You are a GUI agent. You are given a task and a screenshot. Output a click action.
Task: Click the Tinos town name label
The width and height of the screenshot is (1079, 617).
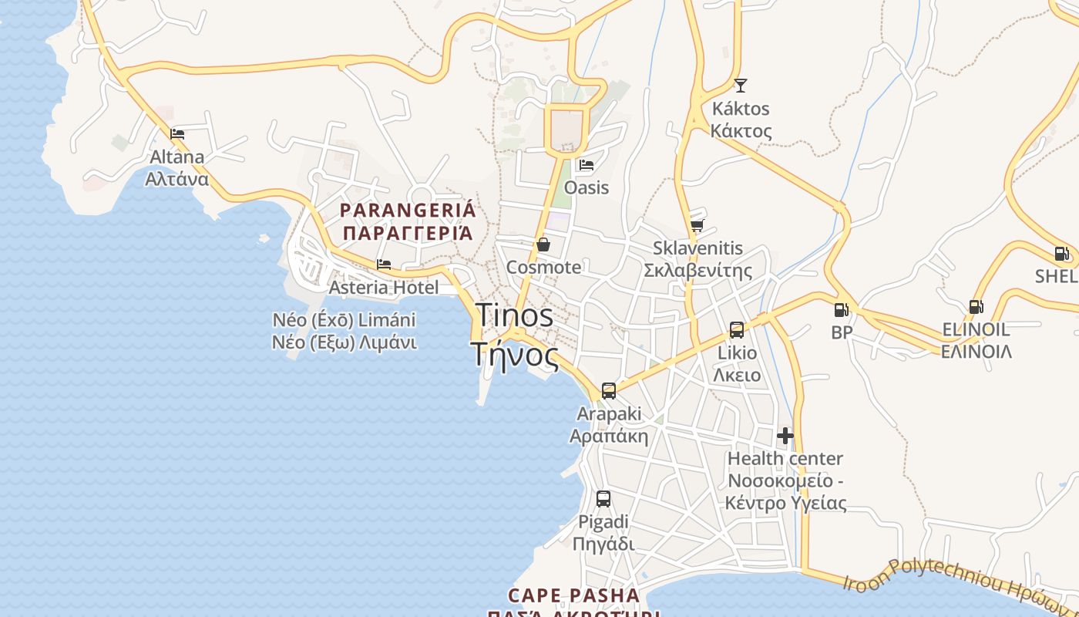514,335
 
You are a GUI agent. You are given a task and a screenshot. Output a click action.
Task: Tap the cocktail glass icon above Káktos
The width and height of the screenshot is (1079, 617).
741,85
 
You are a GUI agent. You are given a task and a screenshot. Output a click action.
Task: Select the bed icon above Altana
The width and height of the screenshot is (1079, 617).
177,133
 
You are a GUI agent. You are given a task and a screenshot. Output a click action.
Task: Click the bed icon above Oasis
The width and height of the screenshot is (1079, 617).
587,164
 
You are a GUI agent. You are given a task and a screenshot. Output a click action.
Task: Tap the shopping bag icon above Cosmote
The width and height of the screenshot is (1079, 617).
543,244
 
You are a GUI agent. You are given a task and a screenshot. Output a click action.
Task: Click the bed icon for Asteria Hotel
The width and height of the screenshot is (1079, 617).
384,265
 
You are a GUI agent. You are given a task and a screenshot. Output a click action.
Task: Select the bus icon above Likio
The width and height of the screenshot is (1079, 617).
737,330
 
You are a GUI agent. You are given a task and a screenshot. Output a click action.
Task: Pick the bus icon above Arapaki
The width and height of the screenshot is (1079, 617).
609,390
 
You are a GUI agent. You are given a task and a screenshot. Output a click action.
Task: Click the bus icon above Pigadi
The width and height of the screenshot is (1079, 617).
603,499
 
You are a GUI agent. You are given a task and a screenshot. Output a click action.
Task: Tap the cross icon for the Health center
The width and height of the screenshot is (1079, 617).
785,436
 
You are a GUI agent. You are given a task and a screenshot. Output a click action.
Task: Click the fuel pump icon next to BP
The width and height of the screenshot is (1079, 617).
842,310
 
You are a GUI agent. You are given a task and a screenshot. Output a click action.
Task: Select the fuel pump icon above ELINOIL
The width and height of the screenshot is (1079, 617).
976,307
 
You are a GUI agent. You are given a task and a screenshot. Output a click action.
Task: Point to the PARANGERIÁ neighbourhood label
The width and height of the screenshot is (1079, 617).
408,221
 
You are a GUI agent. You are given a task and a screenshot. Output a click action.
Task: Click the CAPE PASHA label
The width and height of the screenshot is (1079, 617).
574,596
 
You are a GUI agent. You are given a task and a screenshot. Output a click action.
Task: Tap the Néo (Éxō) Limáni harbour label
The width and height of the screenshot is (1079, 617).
345,331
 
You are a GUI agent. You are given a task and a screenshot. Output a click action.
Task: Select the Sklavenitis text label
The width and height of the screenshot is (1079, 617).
697,259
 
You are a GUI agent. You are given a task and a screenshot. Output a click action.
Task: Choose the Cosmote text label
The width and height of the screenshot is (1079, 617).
543,268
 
